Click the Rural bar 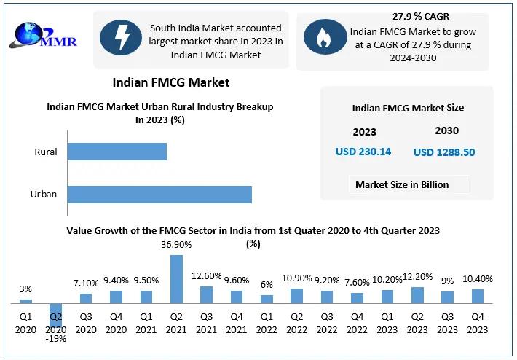[117, 152]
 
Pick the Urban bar [159, 195]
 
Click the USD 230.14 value [363, 152]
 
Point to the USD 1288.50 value [444, 152]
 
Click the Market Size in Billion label [402, 184]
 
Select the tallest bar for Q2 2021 [176, 278]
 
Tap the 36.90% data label [176, 245]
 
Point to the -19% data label [55, 339]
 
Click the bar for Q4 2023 [477, 296]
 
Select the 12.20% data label [417, 277]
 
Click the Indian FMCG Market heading [171, 82]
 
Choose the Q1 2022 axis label [267, 322]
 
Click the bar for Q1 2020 [25, 300]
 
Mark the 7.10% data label [86, 283]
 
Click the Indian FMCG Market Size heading [407, 108]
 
